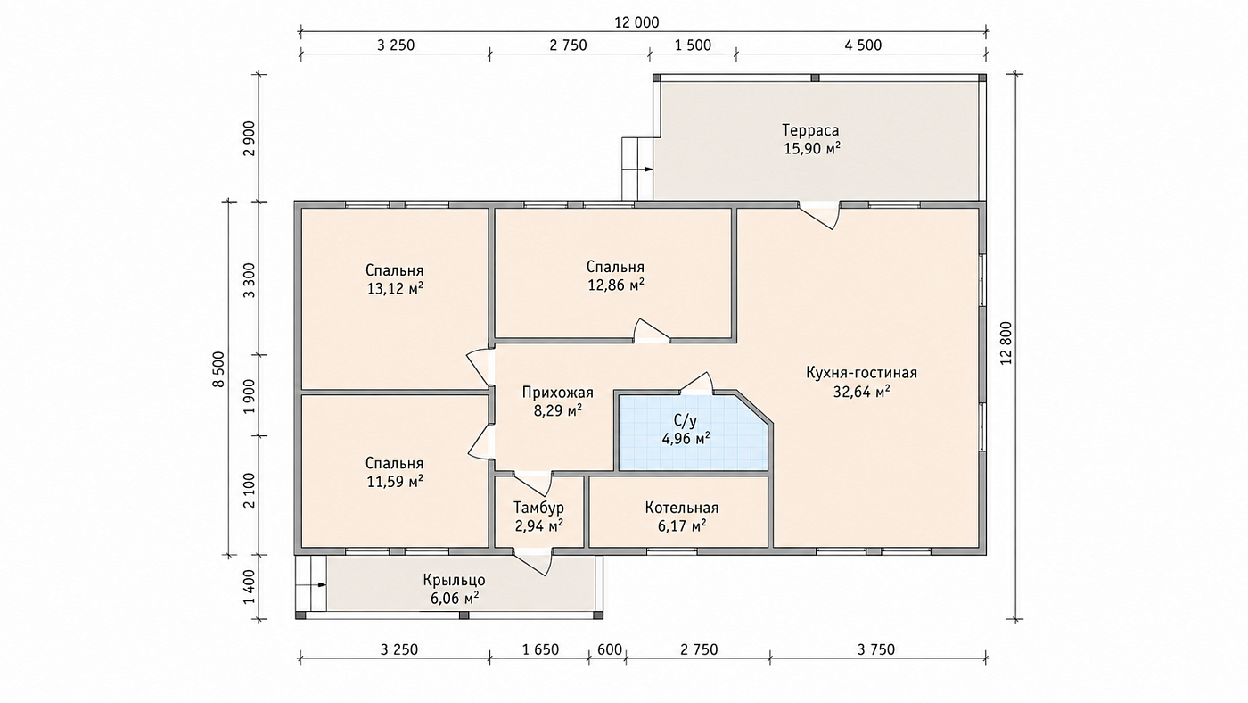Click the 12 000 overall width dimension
coord(636,22)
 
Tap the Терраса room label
coord(810,130)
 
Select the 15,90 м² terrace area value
coord(812,149)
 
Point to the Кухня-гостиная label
coord(861,373)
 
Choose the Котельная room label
coord(682,508)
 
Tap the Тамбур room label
coord(538,508)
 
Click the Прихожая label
coord(558,393)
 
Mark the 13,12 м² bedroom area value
coord(394,289)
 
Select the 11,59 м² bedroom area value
coord(394,481)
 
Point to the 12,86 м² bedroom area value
coord(616,285)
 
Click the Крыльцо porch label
coord(454,581)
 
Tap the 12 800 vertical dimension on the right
coord(1006,343)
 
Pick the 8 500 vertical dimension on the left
coord(218,369)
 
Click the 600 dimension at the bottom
coord(610,649)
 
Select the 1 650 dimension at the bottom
coord(540,649)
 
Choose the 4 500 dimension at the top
coord(863,45)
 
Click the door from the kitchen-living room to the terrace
coord(819,215)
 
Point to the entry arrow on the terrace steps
coord(645,169)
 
